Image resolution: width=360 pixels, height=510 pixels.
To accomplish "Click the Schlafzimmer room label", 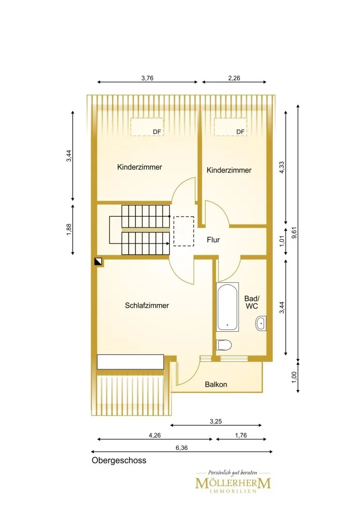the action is tap(147, 305).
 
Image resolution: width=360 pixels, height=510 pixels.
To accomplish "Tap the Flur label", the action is tap(213, 240).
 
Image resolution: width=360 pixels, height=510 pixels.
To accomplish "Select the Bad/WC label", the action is tap(252, 302).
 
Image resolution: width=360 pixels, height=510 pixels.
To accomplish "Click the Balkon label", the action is tap(216, 384).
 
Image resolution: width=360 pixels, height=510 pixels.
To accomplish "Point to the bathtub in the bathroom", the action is tap(227, 307).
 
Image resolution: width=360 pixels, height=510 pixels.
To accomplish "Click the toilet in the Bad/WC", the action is tap(224, 345).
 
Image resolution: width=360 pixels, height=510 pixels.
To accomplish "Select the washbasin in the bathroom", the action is tap(261, 323).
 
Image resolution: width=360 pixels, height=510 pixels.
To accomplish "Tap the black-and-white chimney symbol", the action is tap(98, 261).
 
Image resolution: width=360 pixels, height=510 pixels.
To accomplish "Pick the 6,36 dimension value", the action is tap(181, 448).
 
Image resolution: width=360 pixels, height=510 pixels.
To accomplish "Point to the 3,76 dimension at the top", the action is tap(147, 78).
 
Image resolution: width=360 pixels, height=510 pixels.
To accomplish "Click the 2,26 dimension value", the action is tap(234, 78).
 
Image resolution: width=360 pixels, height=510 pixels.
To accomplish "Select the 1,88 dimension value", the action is tap(68, 229).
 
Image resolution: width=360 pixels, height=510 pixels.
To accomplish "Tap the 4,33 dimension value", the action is tap(282, 167).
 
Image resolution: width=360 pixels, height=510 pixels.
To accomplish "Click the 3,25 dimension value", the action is tap(216, 421).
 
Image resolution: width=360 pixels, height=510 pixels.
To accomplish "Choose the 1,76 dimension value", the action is tap(241, 435).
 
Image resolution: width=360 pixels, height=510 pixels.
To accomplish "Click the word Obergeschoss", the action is tap(119, 461).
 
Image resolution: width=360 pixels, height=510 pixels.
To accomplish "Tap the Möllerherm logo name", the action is tap(233, 483).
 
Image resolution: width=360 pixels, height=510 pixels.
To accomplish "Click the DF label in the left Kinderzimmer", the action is tap(157, 132).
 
